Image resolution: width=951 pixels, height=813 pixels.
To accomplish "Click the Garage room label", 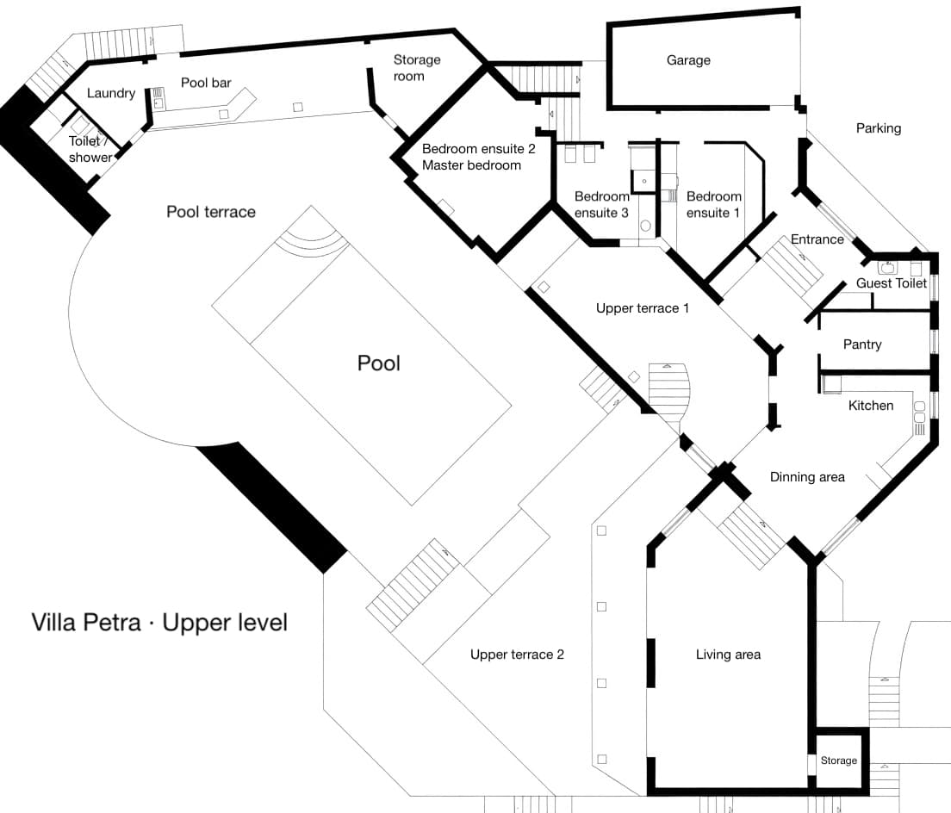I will coord(688,60).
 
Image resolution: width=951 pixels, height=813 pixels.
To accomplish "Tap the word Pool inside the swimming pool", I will coord(379,363).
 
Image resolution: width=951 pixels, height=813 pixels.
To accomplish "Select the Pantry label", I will coord(862,344).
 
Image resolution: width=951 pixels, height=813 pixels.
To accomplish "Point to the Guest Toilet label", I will coord(892,283).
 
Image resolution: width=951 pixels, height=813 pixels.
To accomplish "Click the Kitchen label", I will coord(871,406).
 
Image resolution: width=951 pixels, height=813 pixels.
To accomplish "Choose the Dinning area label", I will coord(807,477).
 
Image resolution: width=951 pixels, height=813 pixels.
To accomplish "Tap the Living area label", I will coord(728,655).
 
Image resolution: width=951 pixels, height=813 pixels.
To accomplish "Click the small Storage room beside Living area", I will coord(838,760).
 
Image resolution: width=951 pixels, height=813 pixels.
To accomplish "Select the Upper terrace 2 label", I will coord(517,655).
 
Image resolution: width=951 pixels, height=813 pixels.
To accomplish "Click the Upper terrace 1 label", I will coord(643,308).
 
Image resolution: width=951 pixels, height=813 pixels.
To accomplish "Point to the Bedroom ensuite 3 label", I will coord(602,205).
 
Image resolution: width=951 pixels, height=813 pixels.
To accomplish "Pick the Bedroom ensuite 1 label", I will coord(713,205).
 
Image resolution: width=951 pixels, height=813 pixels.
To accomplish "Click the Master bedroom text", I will coord(471,164).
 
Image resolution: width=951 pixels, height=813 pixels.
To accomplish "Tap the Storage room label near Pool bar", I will coord(417,68).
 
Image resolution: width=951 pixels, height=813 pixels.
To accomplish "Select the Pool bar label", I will coord(206,83).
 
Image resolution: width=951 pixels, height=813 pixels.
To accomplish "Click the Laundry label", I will coord(111,93).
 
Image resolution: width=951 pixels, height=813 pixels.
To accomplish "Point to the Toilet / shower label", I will coord(90,149).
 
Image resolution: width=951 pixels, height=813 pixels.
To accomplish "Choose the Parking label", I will coord(878,128).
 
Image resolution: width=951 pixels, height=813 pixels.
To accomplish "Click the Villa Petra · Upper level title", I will coord(159,622).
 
